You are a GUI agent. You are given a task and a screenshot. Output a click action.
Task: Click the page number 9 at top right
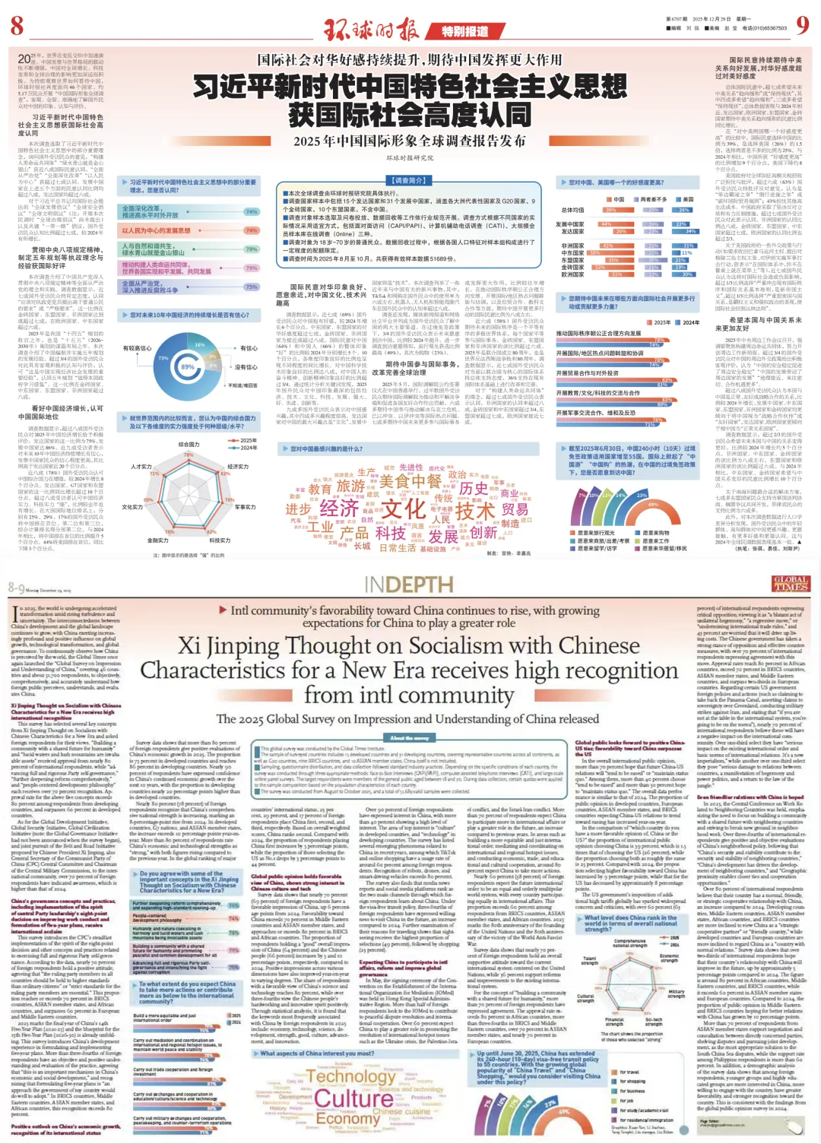pyautogui.click(x=801, y=27)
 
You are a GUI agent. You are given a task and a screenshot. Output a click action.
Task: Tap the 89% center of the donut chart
pyautogui.click(x=188, y=366)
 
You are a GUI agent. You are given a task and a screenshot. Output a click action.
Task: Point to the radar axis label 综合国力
pyautogui.click(x=189, y=445)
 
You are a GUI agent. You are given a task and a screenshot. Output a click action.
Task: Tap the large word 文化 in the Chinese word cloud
pyautogui.click(x=403, y=509)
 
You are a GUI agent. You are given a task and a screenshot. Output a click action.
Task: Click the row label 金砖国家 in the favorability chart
pyautogui.click(x=572, y=268)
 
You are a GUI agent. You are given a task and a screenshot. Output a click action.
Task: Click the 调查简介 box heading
pyautogui.click(x=407, y=181)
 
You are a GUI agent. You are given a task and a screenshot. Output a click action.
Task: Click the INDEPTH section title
pyautogui.click(x=409, y=584)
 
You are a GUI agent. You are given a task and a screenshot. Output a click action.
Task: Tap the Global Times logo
pyautogui.click(x=790, y=583)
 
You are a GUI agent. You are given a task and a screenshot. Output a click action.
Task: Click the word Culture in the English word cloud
pyautogui.click(x=353, y=1098)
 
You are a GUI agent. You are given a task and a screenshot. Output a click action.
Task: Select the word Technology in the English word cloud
pyautogui.click(x=351, y=1076)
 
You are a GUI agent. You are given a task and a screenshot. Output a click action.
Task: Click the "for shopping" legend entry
pyautogui.click(x=631, y=1081)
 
